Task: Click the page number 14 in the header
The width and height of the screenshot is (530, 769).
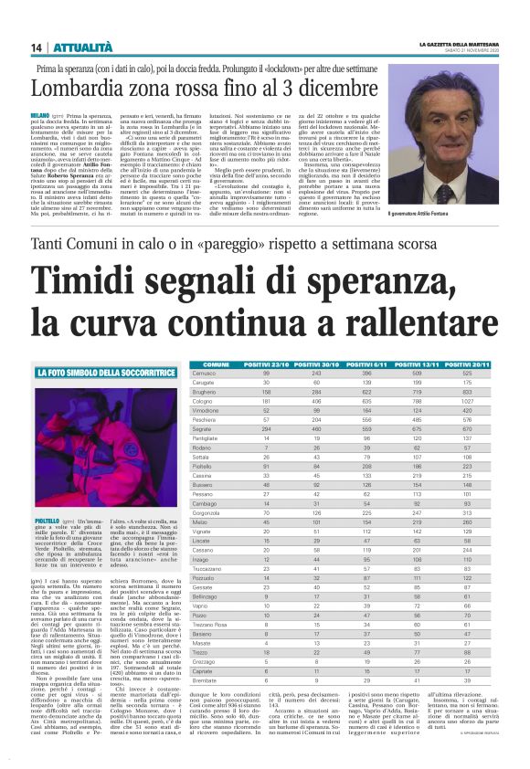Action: coord(37,47)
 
